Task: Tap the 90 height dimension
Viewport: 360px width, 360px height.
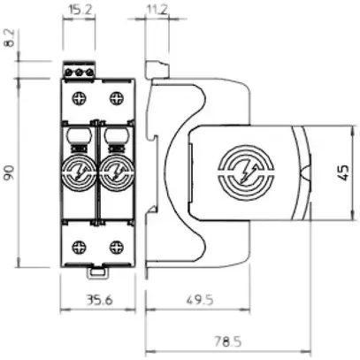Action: point(10,172)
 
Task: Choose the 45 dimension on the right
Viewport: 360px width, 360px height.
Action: point(345,172)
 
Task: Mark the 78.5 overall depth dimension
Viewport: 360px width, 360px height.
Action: point(232,341)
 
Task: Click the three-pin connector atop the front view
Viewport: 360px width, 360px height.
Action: point(80,70)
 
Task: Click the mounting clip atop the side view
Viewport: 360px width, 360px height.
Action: point(157,69)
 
